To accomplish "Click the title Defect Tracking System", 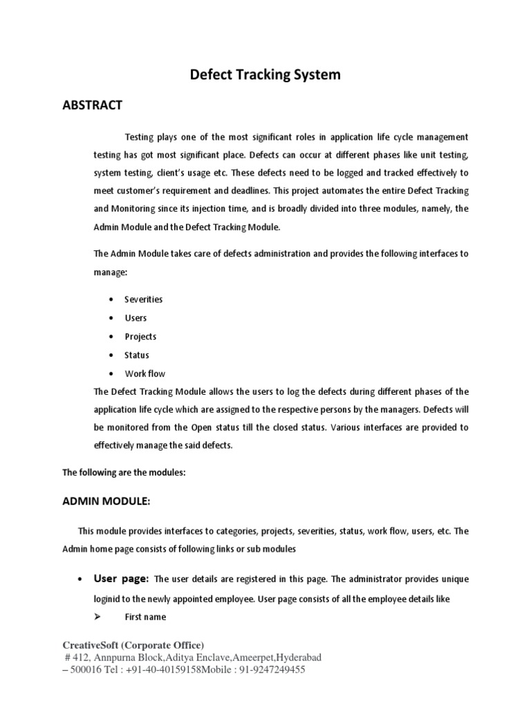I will (x=265, y=75).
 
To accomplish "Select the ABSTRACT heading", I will (x=92, y=105).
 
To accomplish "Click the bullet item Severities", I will (x=143, y=299).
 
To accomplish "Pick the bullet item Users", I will (x=136, y=318).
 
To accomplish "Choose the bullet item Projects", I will (x=140, y=337).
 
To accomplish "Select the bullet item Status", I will (x=136, y=355).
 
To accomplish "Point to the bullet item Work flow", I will (x=145, y=374).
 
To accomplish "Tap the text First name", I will (x=145, y=617).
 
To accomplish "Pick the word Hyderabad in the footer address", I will (x=298, y=657).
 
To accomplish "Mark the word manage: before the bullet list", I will (x=111, y=272).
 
